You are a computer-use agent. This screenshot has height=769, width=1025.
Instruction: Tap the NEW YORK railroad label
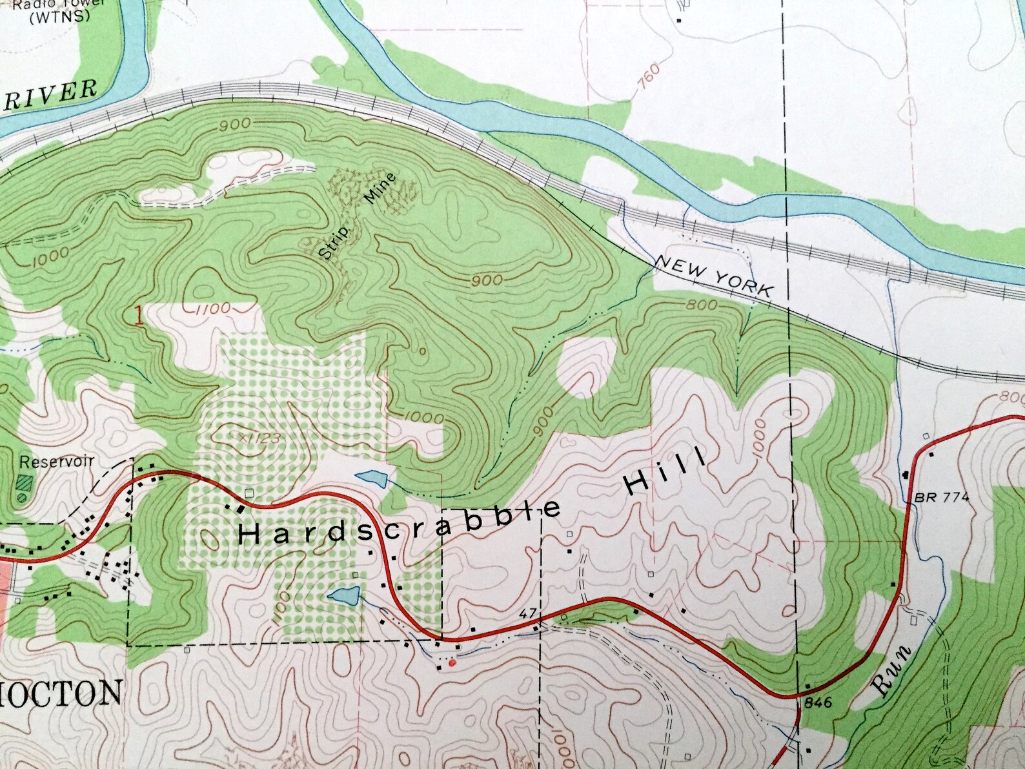(713, 275)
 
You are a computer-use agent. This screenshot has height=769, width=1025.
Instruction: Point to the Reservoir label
(57, 462)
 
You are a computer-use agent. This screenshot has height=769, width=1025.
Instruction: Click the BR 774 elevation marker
(942, 497)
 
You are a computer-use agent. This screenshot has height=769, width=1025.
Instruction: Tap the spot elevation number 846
(814, 702)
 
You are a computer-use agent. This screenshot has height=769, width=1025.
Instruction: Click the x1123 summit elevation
(259, 438)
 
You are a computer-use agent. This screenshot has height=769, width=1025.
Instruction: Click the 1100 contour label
(211, 309)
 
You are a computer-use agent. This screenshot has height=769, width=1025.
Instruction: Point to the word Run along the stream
(893, 672)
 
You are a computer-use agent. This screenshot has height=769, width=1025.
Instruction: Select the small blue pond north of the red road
(372, 478)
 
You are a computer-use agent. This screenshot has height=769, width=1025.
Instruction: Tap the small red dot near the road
(452, 662)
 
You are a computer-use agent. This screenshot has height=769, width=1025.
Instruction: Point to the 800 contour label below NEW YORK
(702, 305)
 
